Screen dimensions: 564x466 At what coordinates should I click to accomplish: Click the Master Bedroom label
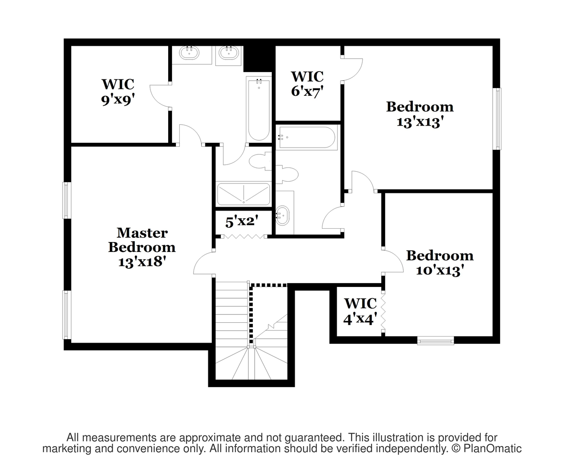click(x=142, y=240)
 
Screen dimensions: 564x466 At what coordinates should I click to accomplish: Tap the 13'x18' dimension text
click(x=142, y=261)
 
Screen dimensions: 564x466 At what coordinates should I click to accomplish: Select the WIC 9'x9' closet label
click(x=118, y=92)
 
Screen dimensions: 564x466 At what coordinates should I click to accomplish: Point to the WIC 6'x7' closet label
click(x=307, y=84)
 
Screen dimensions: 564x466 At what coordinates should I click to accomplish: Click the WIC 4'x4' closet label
click(x=360, y=311)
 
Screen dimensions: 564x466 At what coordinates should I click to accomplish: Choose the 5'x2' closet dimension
click(x=242, y=221)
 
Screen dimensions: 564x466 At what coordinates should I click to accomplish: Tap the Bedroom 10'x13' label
click(x=440, y=263)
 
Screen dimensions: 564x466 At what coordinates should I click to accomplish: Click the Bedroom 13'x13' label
click(x=420, y=114)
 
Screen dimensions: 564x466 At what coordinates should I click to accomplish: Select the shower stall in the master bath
click(x=244, y=194)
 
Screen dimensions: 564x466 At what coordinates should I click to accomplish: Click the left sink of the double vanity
click(x=189, y=53)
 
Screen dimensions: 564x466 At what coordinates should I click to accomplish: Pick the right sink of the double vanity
click(x=229, y=53)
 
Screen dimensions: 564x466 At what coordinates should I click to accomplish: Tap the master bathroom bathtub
click(x=259, y=109)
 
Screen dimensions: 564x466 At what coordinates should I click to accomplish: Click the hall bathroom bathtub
click(x=307, y=137)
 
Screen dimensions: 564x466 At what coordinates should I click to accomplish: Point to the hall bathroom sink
click(x=283, y=215)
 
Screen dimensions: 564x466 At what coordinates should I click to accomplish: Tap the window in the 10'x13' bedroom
click(x=436, y=341)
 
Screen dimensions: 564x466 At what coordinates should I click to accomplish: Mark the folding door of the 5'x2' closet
click(x=244, y=236)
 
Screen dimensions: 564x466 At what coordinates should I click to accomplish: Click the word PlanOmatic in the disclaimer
click(x=492, y=448)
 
